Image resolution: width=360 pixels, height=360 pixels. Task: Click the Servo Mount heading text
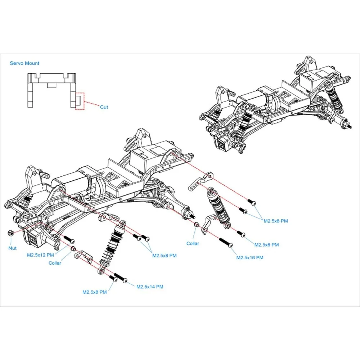24,63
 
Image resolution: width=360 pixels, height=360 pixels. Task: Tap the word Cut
104,107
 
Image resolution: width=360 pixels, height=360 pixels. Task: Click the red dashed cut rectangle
80,101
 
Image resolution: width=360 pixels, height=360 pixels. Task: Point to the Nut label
12,248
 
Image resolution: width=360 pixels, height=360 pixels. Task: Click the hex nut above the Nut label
10,233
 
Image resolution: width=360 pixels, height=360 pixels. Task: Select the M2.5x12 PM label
40,255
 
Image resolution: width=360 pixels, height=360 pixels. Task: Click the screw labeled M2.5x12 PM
69,239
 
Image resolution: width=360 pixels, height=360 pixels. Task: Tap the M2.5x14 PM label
150,287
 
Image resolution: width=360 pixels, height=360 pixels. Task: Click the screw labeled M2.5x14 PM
121,278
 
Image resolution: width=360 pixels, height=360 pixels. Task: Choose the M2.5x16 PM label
250,258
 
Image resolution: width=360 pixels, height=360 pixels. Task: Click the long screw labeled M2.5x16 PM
226,243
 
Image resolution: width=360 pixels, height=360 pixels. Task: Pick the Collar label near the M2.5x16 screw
193,243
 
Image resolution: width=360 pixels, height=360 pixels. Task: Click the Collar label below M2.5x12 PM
55,263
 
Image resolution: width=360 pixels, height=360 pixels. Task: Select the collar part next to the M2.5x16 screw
197,225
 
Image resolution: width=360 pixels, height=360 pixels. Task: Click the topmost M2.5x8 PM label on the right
275,221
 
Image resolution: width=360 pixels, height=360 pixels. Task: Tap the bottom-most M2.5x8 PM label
95,292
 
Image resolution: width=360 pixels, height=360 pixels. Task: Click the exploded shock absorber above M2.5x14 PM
112,247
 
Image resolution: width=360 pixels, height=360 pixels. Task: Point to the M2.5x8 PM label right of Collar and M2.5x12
165,256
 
